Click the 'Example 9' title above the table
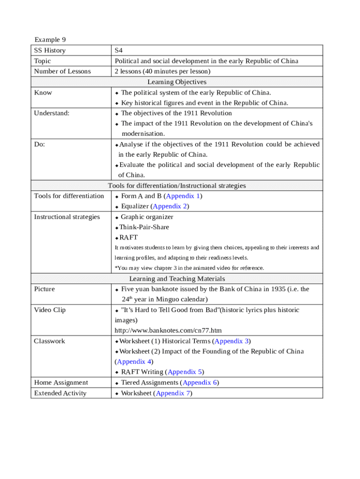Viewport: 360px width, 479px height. [47, 40]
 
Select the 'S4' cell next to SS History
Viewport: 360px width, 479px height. [119, 51]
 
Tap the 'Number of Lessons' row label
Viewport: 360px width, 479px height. [63, 71]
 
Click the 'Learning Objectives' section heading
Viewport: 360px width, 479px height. [177, 82]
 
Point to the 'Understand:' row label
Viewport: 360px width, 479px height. [51, 113]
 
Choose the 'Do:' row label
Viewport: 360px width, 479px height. [40, 144]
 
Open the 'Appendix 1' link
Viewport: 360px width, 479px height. [183, 196]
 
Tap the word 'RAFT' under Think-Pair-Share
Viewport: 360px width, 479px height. [129, 237]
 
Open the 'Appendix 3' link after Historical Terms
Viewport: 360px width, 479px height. [231, 341]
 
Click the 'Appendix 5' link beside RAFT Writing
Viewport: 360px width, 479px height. [184, 372]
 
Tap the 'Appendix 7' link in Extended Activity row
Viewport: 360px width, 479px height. [173, 393]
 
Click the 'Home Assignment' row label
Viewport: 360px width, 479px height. [61, 383]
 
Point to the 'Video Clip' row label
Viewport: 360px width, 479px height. [50, 310]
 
